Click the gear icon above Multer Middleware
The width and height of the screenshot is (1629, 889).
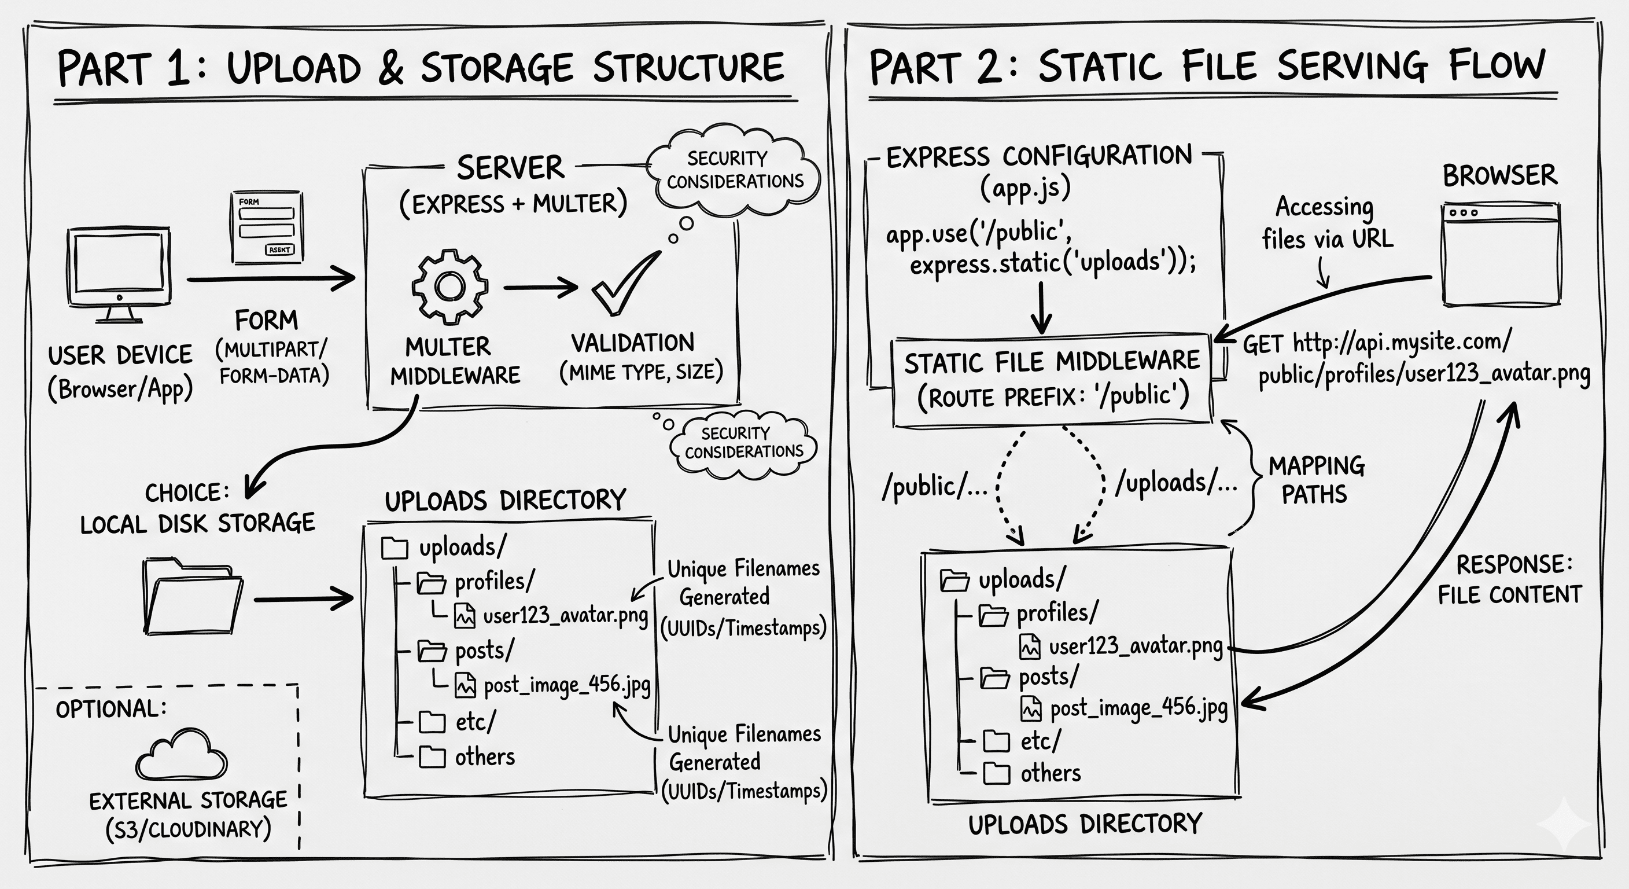449,286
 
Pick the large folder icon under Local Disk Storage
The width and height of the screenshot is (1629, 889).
192,596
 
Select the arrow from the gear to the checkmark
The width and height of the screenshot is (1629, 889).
541,287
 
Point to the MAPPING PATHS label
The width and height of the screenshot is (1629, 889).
1316,480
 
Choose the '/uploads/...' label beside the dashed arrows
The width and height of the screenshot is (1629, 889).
1175,483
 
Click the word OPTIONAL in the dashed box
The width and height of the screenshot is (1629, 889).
110,708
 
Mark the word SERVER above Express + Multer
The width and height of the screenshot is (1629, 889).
510,168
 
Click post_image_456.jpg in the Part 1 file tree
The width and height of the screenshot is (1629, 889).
566,685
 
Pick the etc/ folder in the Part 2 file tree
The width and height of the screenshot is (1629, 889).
1021,740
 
